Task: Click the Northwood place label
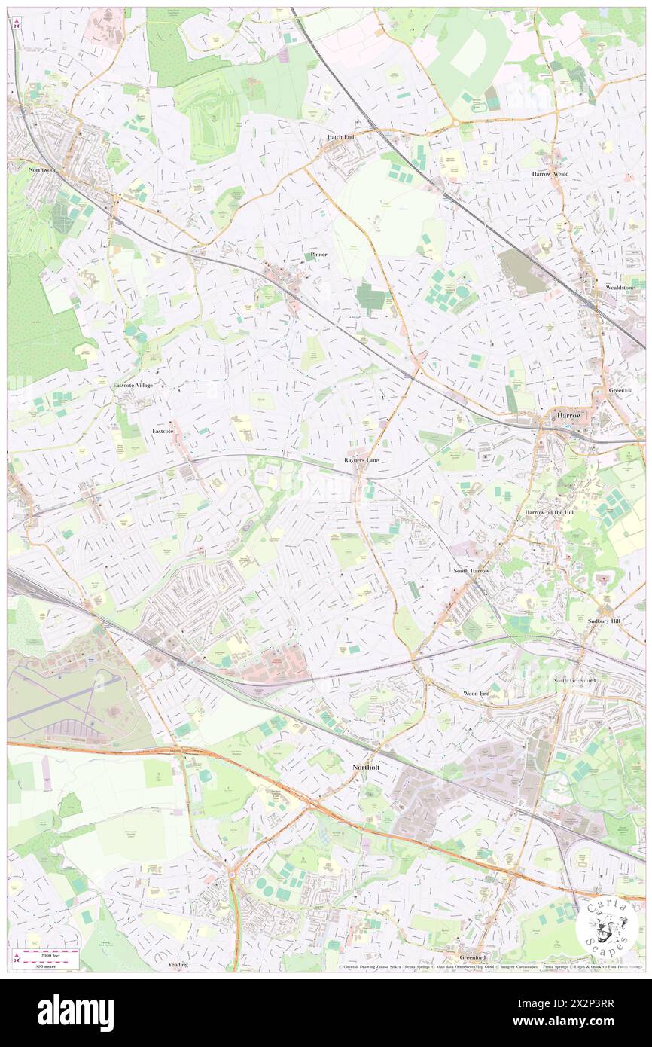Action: pos(43,170)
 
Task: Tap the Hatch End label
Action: pos(340,137)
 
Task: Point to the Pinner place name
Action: pos(319,255)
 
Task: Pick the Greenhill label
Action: pos(622,390)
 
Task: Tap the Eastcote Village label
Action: pos(133,385)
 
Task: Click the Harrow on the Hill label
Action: pos(550,511)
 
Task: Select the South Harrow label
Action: pos(471,571)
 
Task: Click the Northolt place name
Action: pos(370,767)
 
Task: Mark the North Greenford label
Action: pos(575,680)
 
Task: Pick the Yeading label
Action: pos(178,964)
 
